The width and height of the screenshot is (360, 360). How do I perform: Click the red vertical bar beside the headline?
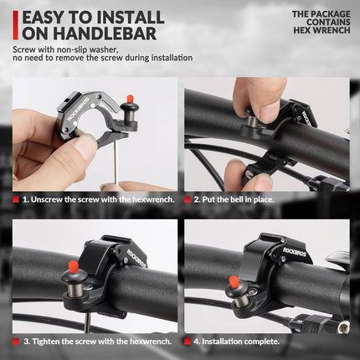15,25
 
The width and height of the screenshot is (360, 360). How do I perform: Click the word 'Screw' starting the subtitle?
24,49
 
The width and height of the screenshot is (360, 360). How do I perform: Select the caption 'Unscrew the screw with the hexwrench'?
97,199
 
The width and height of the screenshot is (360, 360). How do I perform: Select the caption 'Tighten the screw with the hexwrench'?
97,341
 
